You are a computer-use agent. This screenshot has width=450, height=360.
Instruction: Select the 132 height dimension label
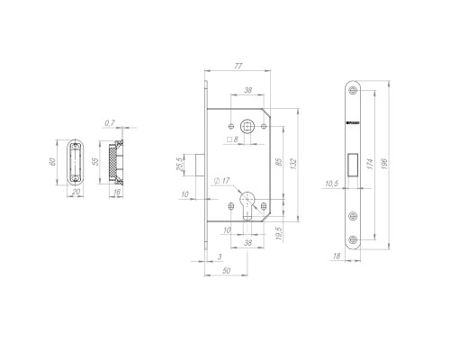click(x=294, y=166)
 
